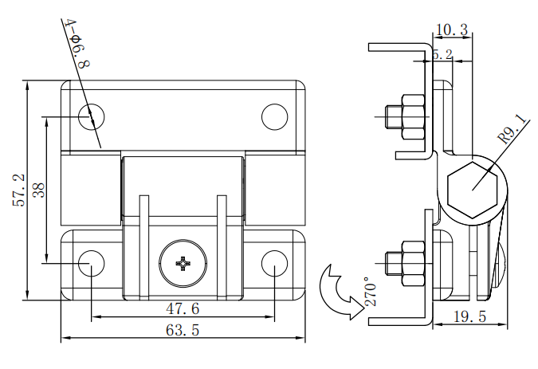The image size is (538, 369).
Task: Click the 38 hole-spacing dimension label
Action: pyautogui.click(x=37, y=190)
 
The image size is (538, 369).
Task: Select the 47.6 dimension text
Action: pyautogui.click(x=182, y=308)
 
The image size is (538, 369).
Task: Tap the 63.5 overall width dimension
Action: pyautogui.click(x=182, y=331)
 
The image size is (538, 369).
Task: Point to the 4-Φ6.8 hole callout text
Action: pyautogui.click(x=77, y=45)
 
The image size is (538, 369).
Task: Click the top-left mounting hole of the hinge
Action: pyautogui.click(x=92, y=116)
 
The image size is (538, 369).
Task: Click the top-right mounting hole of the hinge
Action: pyautogui.click(x=274, y=116)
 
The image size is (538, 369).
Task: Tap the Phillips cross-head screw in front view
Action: pyautogui.click(x=183, y=262)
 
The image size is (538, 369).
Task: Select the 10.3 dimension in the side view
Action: pyautogui.click(x=452, y=29)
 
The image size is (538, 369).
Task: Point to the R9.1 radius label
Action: pyautogui.click(x=512, y=128)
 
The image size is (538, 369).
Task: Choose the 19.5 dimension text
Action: pyautogui.click(x=469, y=316)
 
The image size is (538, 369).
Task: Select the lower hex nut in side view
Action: pyautogui.click(x=412, y=262)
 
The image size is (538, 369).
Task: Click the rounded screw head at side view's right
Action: pyautogui.click(x=500, y=267)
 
